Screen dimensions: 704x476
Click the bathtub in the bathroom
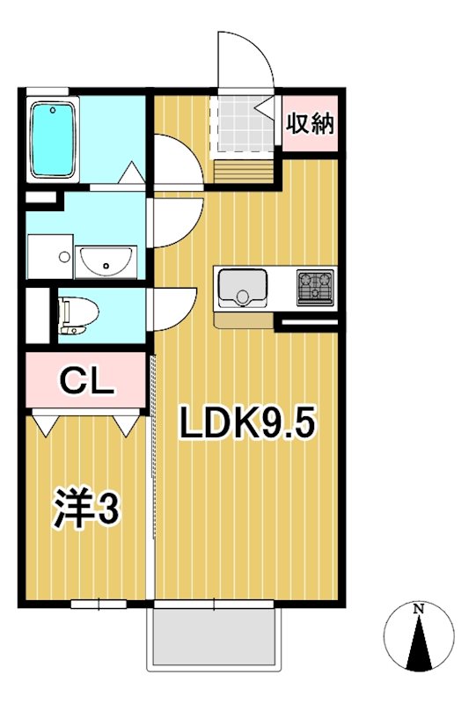tap(55, 139)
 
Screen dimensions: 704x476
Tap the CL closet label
tap(86, 381)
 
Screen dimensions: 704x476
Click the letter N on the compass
tap(420, 609)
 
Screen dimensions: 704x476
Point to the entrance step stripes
tap(244, 169)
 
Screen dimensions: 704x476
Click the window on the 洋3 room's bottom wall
tap(99, 604)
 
